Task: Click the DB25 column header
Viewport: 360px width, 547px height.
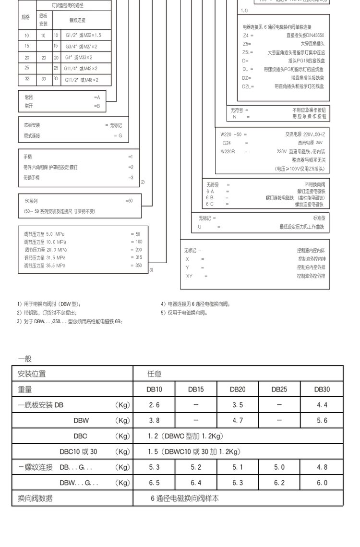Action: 279,389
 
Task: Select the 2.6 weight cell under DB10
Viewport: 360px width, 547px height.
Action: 154,405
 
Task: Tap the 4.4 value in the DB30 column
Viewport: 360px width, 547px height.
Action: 322,405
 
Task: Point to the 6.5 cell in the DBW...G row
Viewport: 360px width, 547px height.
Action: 154,483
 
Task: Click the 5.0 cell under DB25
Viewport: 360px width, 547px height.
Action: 279,467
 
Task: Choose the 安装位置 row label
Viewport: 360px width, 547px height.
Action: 32,374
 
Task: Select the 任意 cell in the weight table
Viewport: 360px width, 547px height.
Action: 154,374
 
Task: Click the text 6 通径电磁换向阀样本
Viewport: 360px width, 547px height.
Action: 185,498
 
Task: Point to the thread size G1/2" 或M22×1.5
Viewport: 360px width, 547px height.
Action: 84,36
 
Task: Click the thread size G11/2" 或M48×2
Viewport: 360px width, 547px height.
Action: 82,80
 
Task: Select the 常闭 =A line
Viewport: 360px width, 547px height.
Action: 62,97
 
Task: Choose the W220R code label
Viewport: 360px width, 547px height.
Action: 228,151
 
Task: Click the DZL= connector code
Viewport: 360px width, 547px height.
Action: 248,86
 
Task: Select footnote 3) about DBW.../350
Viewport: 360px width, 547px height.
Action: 70,321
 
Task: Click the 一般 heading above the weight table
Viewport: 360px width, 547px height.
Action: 25,358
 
